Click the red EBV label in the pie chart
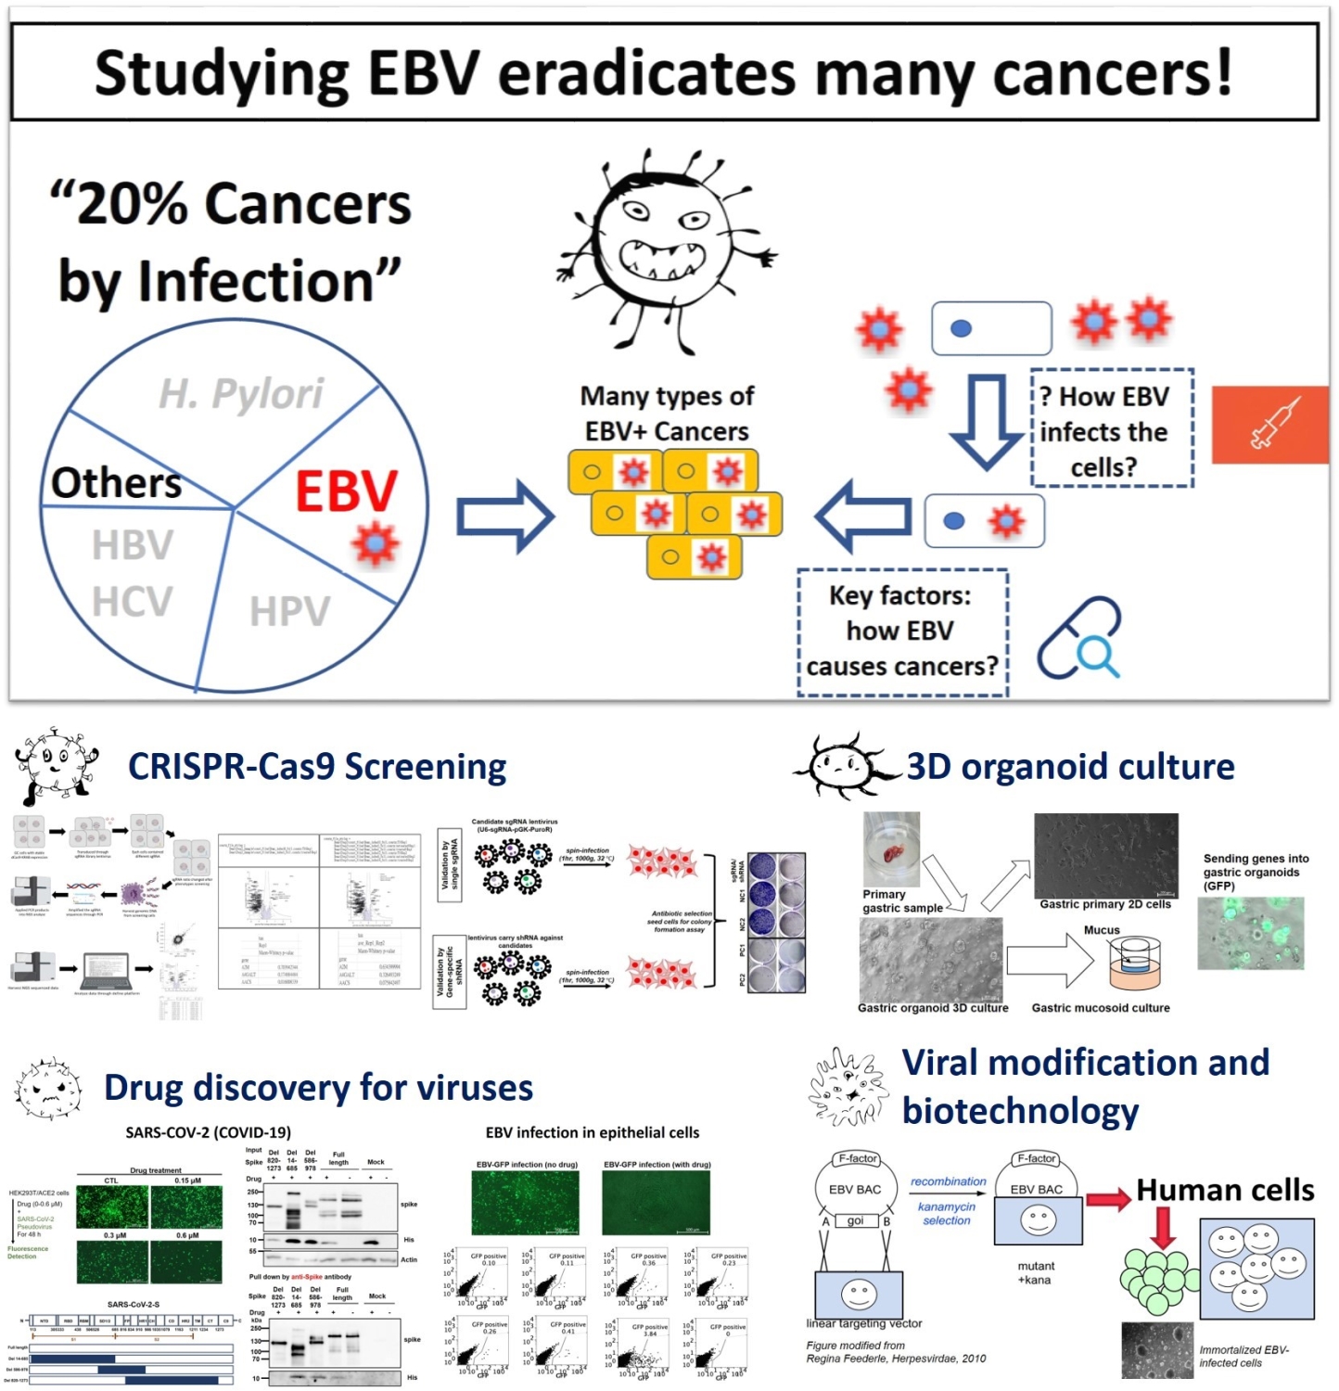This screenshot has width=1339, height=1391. pos(346,491)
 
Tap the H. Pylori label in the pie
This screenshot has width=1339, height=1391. pos(241,393)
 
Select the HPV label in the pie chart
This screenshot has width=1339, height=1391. pos(290,611)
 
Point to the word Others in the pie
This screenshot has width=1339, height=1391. pos(116,482)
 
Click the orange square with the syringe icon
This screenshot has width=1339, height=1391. pos(1269,424)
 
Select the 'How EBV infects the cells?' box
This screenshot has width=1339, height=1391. pos(1111,429)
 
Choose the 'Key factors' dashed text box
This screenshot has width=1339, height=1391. pos(902,632)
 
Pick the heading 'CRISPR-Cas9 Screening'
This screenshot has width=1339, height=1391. pos(317,767)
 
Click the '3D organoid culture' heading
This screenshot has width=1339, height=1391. pos(1070,767)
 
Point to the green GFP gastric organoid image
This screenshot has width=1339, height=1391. pos(1250,933)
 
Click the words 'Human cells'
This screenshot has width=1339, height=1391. pos(1225,1190)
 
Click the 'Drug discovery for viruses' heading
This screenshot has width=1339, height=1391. pos(318,1088)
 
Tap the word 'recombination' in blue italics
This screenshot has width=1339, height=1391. pos(948,1181)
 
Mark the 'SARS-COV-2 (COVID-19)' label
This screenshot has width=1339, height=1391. pos(208,1132)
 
